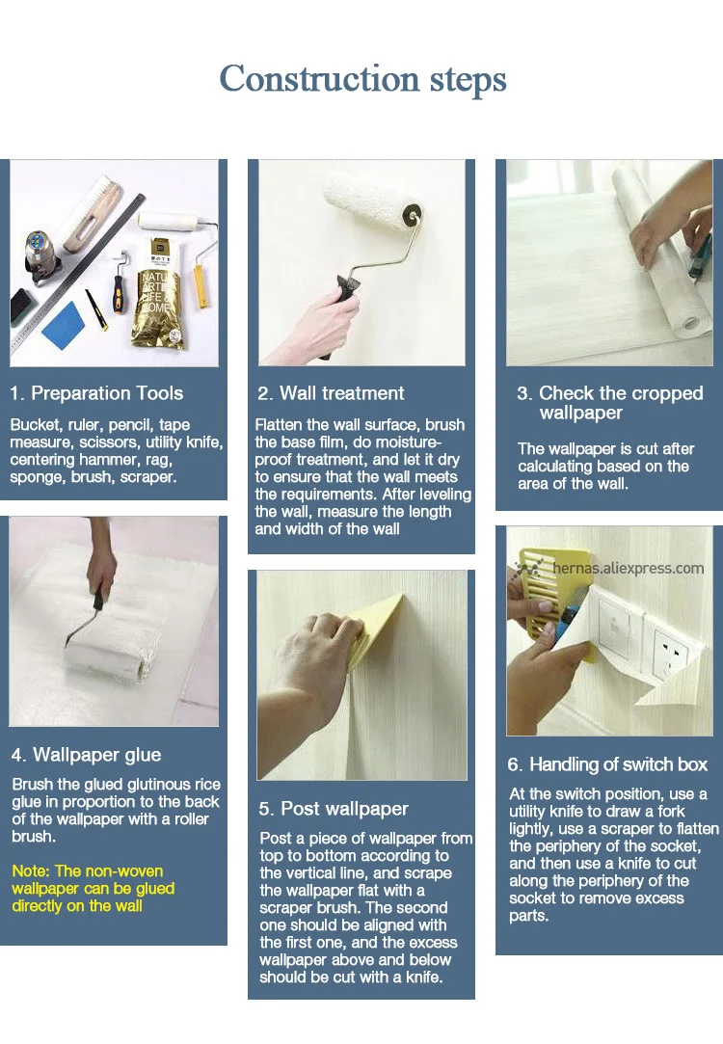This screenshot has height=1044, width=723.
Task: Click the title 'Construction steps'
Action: (x=362, y=80)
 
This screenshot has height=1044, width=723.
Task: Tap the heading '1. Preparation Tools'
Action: (x=96, y=393)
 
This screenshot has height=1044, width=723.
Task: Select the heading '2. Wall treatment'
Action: (x=331, y=393)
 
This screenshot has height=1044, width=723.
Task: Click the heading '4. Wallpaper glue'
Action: (x=87, y=755)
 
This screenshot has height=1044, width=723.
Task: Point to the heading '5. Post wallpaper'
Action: (x=334, y=809)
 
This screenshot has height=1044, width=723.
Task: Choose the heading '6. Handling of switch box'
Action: (x=607, y=764)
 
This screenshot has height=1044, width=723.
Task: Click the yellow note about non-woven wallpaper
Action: (x=94, y=888)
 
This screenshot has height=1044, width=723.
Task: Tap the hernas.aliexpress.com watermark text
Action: (x=628, y=568)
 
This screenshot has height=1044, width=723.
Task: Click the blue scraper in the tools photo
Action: (x=64, y=325)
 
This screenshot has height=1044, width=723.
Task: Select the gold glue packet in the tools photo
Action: (x=158, y=294)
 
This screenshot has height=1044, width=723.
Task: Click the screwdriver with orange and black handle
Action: (x=119, y=283)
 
